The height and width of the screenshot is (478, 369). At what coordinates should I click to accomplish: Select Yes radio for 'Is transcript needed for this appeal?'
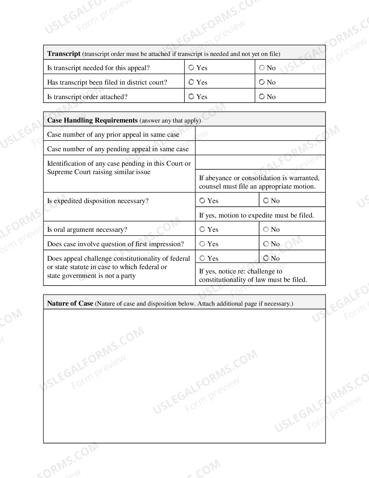point(191,68)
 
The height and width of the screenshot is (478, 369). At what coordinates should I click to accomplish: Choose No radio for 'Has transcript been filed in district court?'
point(262,82)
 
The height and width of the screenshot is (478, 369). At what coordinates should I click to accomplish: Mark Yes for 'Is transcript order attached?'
point(191,97)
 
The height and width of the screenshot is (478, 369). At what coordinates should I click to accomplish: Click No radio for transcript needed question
point(262,68)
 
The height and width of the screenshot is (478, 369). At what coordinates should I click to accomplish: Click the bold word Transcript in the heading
point(64,54)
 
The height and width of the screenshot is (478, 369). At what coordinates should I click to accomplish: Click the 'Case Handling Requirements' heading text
point(92,120)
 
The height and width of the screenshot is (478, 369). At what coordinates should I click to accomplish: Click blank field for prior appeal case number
point(260,134)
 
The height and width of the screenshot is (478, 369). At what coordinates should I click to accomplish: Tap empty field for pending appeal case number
point(260,148)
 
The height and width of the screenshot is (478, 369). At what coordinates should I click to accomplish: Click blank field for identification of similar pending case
point(260,162)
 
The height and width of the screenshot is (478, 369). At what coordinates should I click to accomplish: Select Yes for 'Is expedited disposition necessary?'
point(202,201)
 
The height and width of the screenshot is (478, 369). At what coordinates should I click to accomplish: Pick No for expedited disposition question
point(266,201)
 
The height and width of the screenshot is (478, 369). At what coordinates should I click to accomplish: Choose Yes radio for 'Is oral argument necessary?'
point(202,229)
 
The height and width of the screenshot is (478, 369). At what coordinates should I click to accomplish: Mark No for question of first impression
point(266,244)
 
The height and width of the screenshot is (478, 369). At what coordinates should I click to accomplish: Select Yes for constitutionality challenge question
point(202,258)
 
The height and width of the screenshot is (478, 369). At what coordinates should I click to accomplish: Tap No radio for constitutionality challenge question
point(266,258)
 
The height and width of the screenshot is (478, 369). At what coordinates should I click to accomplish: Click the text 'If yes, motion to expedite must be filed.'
point(256,215)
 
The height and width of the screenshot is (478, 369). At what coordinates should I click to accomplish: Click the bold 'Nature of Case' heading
point(70,303)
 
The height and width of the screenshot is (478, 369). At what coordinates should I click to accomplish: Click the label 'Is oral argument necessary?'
point(87,229)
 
